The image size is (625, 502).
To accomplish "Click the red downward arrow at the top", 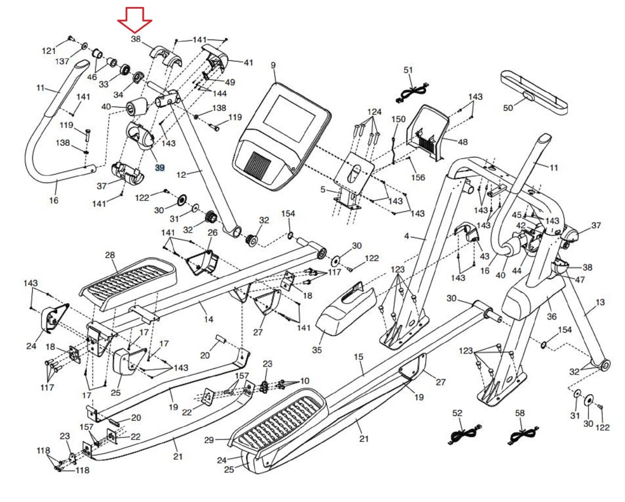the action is pos(134,20).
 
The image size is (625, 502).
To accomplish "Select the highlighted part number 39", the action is pos(160,167).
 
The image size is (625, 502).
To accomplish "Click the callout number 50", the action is pos(508,108).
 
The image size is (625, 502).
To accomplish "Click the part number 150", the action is pos(398,119).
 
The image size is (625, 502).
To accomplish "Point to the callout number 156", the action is pos(418,177).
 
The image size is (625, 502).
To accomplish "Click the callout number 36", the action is pos(552,316).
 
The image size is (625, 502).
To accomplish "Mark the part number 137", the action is pos(62,61).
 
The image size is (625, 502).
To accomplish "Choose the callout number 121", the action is pos(48,51).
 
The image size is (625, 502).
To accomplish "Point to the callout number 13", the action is pos(600,302).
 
